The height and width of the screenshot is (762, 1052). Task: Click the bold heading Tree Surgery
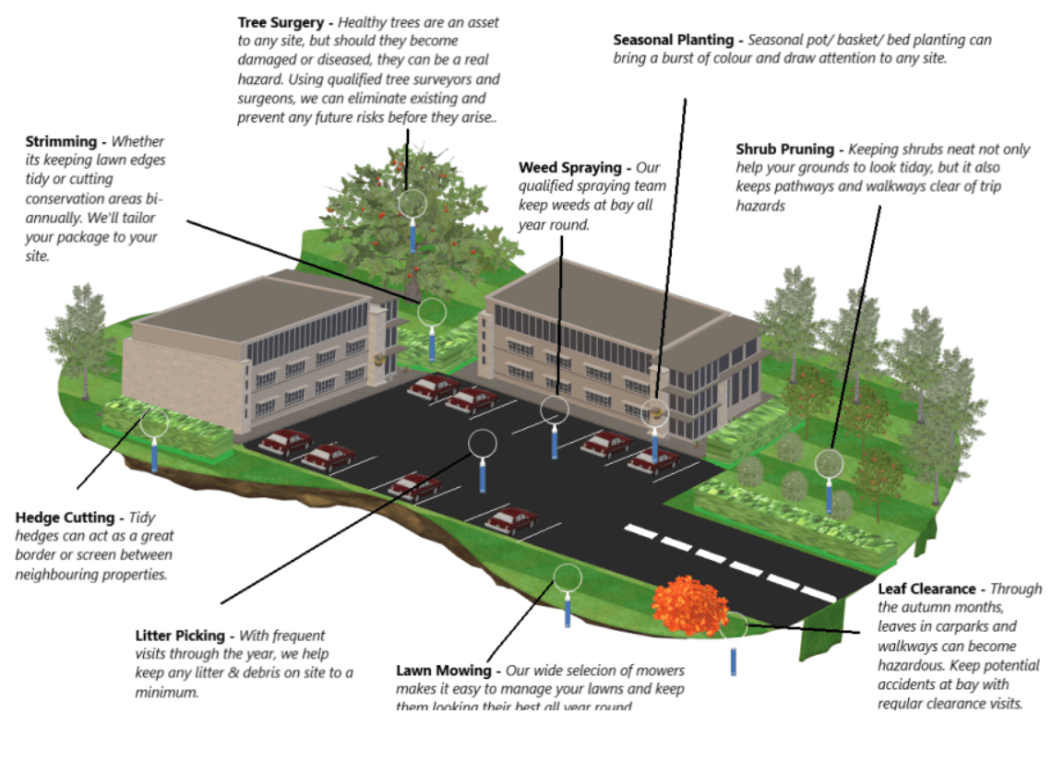click(281, 21)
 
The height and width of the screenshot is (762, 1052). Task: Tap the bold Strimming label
click(61, 141)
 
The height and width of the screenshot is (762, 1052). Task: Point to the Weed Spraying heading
click(570, 167)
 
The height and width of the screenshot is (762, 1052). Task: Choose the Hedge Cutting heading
click(65, 518)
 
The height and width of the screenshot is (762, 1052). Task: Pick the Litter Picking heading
click(180, 636)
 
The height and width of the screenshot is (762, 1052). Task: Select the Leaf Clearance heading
click(926, 589)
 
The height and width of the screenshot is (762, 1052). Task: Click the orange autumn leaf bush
click(688, 604)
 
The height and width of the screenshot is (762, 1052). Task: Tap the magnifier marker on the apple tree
click(412, 204)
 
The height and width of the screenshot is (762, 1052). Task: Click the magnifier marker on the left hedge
click(154, 423)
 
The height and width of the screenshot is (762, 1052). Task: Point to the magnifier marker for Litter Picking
click(483, 444)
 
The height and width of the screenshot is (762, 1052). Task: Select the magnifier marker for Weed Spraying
click(554, 409)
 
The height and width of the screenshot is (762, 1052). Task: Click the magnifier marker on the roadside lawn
click(568, 577)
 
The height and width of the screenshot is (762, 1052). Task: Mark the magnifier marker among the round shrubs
click(829, 463)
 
